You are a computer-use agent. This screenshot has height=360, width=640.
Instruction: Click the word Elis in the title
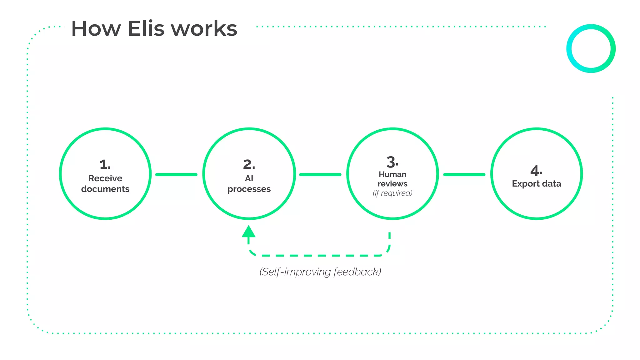[146, 29]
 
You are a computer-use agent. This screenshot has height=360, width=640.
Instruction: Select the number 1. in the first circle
[105, 164]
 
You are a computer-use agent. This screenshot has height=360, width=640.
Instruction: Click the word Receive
[105, 178]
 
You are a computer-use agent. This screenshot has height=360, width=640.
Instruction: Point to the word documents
[105, 189]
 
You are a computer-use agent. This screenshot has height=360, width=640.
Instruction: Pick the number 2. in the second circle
[249, 164]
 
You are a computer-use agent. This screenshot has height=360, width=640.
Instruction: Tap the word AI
[249, 178]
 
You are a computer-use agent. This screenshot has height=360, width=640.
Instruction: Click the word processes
[249, 189]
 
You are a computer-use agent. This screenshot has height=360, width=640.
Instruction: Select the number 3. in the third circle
[392, 162]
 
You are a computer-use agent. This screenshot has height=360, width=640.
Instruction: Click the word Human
[392, 174]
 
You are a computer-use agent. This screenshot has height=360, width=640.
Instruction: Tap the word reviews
[392, 184]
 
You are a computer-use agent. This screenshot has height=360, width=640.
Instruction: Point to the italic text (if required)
[392, 193]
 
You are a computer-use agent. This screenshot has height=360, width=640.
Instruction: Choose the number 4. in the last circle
[536, 171]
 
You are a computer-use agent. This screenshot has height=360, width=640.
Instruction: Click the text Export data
[536, 184]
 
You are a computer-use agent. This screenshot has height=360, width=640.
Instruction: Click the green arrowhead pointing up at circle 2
[249, 232]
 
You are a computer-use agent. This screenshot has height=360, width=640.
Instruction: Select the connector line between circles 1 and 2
[176, 175]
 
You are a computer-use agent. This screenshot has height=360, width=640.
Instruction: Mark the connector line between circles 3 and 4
[464, 175]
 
